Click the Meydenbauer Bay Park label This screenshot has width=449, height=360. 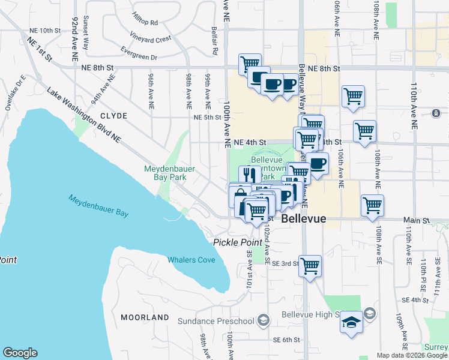click(169, 173)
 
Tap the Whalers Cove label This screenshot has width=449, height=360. click(191, 260)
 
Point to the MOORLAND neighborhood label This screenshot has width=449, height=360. click(145, 317)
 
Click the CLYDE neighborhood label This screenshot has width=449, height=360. click(113, 116)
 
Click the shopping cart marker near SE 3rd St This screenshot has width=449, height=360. click(310, 265)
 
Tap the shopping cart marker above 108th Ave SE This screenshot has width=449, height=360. click(372, 205)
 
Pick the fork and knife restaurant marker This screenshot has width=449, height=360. click(250, 175)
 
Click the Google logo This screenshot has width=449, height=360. click(20, 353)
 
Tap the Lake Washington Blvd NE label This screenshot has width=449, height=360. click(83, 114)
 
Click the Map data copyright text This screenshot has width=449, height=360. click(412, 355)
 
